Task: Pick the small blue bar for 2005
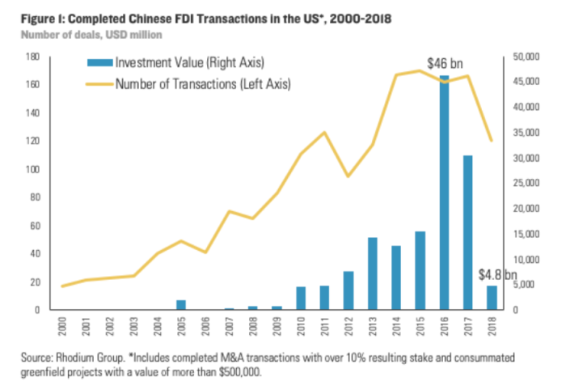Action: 181,305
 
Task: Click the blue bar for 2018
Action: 492,298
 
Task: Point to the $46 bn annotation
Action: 444,62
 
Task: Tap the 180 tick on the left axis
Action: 35,57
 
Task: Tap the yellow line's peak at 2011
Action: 324,132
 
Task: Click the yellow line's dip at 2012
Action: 348,176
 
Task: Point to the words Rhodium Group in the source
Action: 81,357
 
